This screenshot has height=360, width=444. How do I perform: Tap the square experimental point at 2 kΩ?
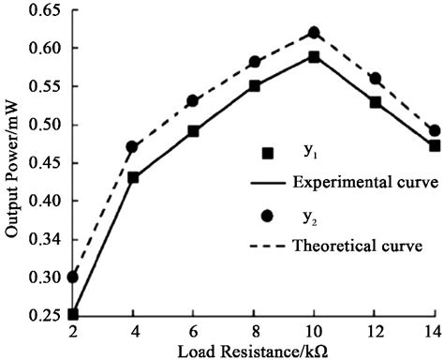pos(73,314)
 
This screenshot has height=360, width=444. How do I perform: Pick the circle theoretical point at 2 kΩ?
pos(73,277)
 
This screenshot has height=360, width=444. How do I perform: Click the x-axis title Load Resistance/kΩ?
pos(253,352)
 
